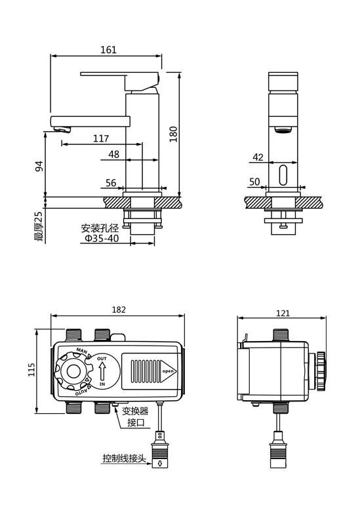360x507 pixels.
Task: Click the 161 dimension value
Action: point(108,50)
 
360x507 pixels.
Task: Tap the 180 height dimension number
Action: point(174,134)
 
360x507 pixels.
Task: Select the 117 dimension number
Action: point(101,138)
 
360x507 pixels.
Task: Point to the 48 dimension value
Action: point(113,154)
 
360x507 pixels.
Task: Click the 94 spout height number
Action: point(39,166)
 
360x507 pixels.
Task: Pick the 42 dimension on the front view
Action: point(258,157)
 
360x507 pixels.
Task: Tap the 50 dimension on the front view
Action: point(254,182)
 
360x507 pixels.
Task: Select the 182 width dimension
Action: point(119,310)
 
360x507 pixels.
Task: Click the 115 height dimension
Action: point(31,369)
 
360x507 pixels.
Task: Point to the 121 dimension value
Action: point(283,313)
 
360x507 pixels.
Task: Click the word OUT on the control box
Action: point(102,359)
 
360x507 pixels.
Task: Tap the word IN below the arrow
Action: point(102,384)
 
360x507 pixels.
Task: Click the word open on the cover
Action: point(168,371)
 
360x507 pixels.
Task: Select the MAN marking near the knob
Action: point(82,350)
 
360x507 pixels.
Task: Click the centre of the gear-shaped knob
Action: point(73,371)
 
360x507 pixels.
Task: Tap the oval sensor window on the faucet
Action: point(283,175)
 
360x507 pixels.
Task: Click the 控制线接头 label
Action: point(125,458)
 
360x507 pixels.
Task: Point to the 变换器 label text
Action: point(135,411)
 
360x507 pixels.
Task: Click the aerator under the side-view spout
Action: point(283,130)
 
